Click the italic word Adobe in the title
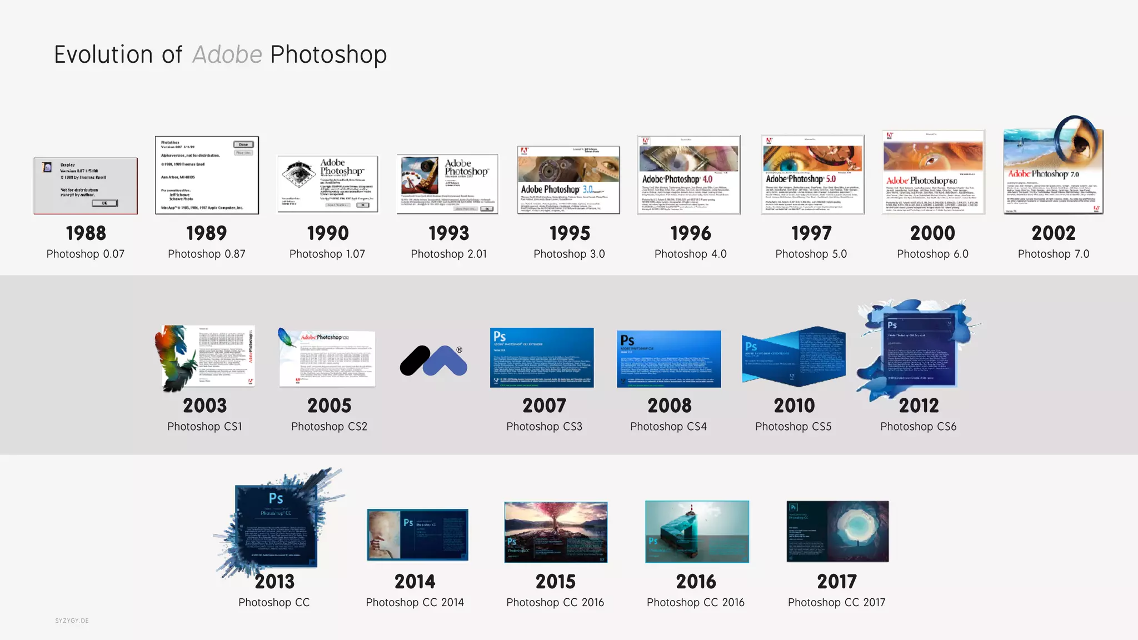[x=227, y=55]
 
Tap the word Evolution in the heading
[x=103, y=55]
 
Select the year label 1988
[x=86, y=233]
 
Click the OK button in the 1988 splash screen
[x=104, y=203]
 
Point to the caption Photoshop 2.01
[x=448, y=254]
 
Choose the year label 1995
[x=570, y=233]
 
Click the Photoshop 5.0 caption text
[x=811, y=254]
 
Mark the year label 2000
[x=932, y=233]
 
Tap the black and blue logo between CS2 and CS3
[x=433, y=361]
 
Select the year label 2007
[x=544, y=406]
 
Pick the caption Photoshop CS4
[x=668, y=427]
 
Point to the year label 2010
[x=794, y=406]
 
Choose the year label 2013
[x=274, y=582]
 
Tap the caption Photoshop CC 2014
[x=415, y=602]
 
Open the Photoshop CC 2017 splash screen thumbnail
[x=837, y=532]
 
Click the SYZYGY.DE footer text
[x=72, y=621]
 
